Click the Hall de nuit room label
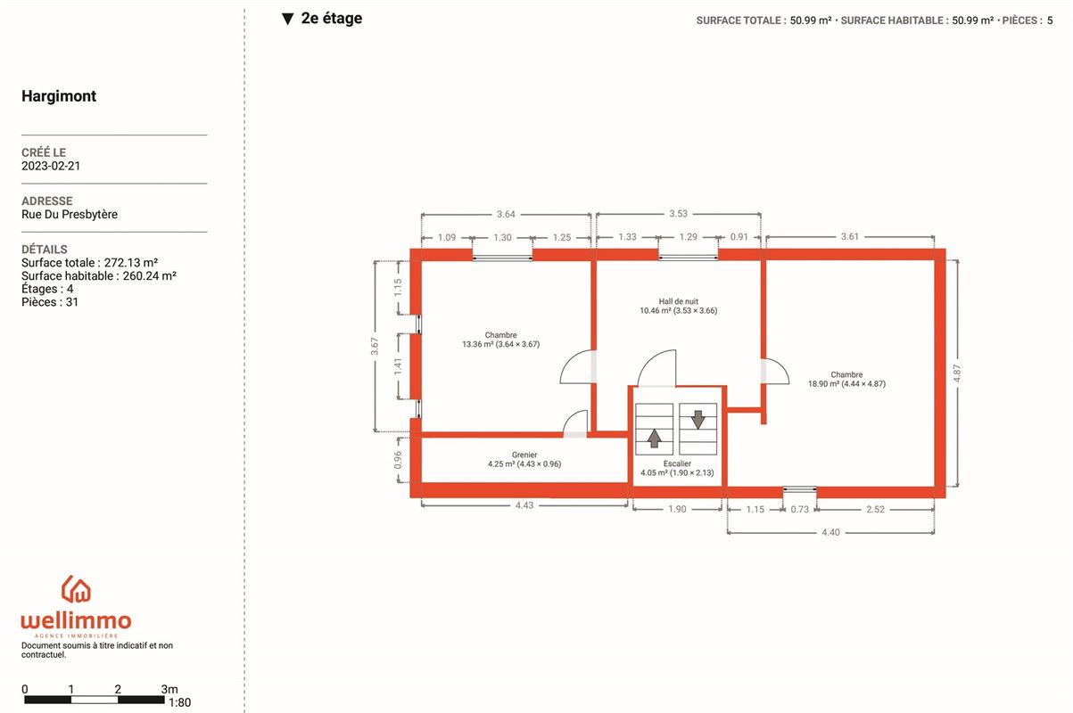coord(678,306)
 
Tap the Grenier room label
coord(524,459)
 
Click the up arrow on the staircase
coord(654,438)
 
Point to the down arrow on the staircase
coord(697,419)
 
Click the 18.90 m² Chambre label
coord(846,379)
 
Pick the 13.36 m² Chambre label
coord(500,340)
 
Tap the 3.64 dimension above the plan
coord(506,215)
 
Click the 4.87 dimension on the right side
coord(956,373)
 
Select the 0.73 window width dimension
coord(799,510)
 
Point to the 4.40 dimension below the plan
coord(830,532)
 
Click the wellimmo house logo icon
coord(76,589)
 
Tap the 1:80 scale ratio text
coord(179,702)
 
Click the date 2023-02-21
coord(51,166)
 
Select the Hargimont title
coord(59,95)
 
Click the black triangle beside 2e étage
coord(287,19)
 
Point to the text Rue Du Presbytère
coord(70,214)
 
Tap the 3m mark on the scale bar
coord(169,689)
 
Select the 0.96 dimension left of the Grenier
coord(398,460)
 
